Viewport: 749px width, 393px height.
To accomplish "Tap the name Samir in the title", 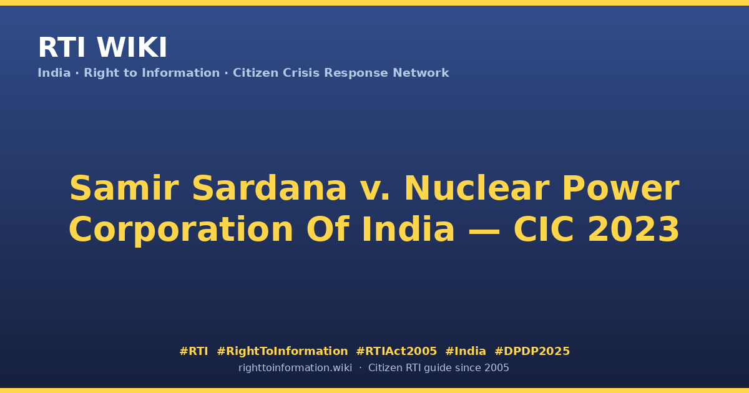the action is [x=124, y=188].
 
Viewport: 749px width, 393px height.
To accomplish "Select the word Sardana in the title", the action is [x=269, y=188].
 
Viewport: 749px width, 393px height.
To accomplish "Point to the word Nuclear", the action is [x=477, y=188].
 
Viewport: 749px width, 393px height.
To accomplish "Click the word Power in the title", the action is [x=621, y=189].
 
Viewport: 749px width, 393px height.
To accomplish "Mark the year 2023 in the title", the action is [x=634, y=230].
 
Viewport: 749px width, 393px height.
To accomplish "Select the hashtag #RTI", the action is [x=193, y=351].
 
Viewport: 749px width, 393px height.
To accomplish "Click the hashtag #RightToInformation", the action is [x=282, y=352].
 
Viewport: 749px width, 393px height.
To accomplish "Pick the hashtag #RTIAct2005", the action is [x=396, y=351].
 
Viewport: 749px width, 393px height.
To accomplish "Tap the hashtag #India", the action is [x=466, y=351].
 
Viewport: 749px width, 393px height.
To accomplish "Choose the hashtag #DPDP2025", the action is [x=532, y=351].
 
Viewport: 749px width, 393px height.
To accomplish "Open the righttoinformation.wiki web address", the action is [x=295, y=368].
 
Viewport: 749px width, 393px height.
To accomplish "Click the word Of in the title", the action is [x=328, y=230].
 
